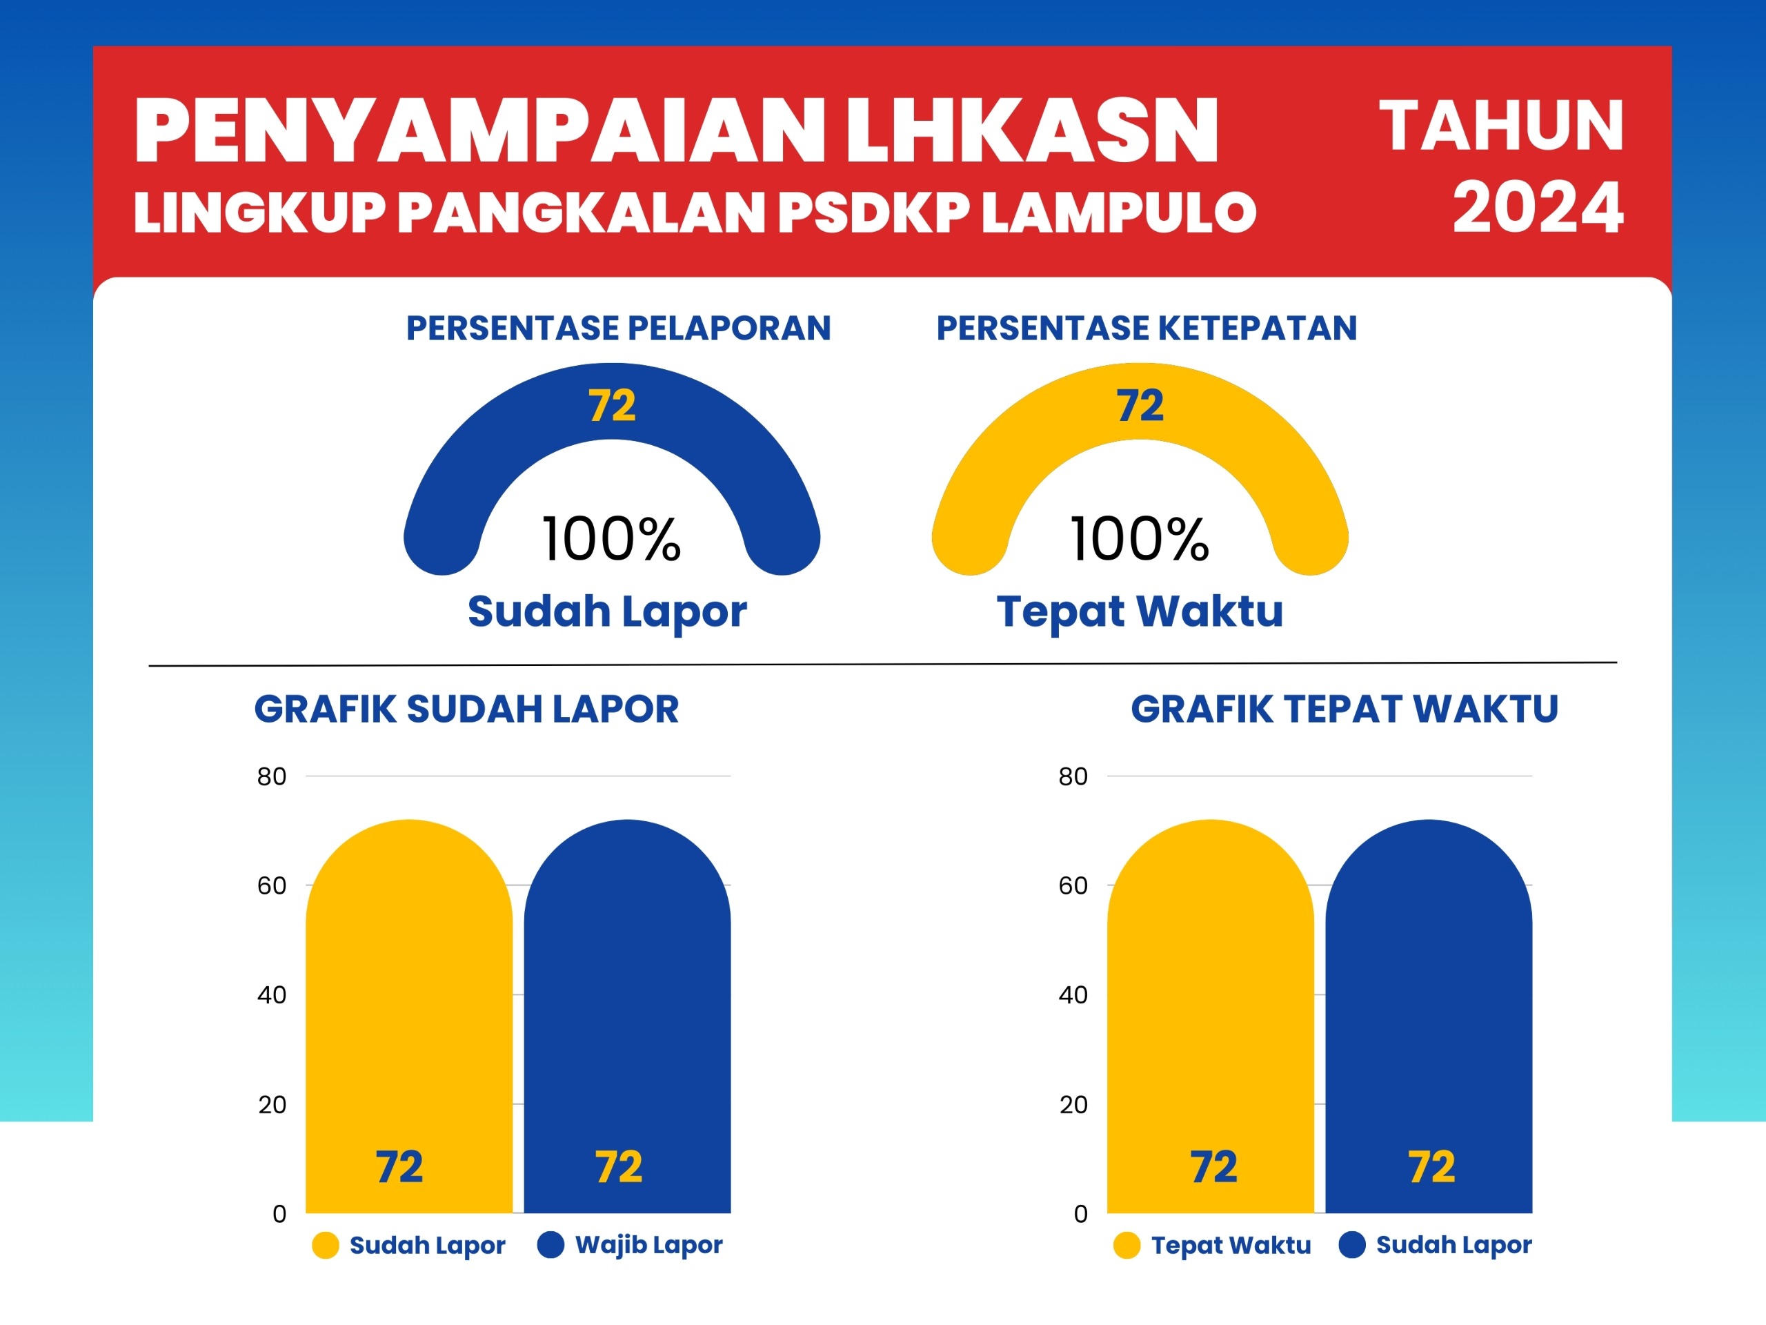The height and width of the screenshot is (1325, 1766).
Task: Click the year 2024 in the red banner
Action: pyautogui.click(x=1538, y=208)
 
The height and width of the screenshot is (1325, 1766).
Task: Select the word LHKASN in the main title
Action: pyautogui.click(x=1031, y=130)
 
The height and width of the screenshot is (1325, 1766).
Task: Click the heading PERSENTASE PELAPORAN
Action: pyautogui.click(x=619, y=328)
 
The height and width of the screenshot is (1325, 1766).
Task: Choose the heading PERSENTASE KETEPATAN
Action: pyautogui.click(x=1147, y=328)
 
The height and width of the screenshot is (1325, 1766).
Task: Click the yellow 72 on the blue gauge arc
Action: pyautogui.click(x=613, y=406)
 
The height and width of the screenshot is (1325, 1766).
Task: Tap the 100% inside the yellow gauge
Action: pyautogui.click(x=1140, y=539)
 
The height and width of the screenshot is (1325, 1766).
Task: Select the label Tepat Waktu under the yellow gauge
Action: pyautogui.click(x=1140, y=613)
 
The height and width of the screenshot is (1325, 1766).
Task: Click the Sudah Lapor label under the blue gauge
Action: pyautogui.click(x=608, y=613)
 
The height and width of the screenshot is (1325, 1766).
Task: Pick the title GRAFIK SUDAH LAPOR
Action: pyautogui.click(x=467, y=709)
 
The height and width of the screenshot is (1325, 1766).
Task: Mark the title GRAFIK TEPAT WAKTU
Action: pyautogui.click(x=1345, y=709)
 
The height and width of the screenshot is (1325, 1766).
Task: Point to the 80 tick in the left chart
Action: pyautogui.click(x=271, y=776)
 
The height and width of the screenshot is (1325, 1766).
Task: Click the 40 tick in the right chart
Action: pyautogui.click(x=1073, y=995)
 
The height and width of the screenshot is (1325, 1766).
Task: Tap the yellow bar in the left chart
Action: pyautogui.click(x=409, y=1017)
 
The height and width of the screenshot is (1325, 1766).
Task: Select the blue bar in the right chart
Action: pyautogui.click(x=1429, y=1017)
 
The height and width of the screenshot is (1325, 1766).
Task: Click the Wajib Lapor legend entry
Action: pyautogui.click(x=630, y=1245)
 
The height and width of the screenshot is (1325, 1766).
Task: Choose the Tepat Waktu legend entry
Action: pyautogui.click(x=1212, y=1245)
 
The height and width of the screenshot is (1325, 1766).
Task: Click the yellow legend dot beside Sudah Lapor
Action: pyautogui.click(x=326, y=1245)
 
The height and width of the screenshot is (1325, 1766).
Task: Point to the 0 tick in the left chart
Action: pyautogui.click(x=279, y=1214)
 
